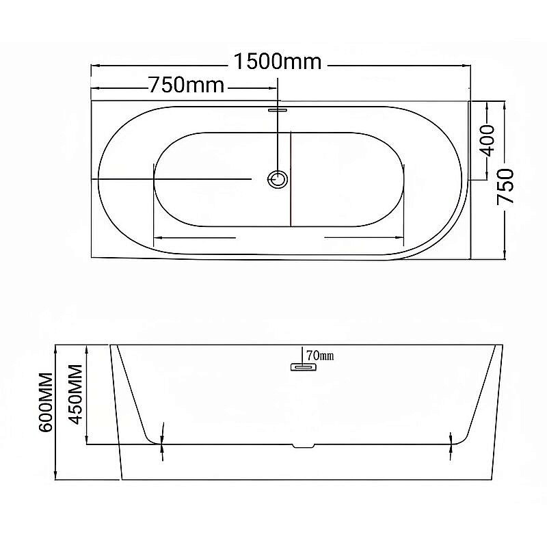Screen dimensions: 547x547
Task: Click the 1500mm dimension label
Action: click(x=278, y=62)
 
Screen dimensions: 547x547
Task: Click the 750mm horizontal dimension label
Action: click(x=187, y=85)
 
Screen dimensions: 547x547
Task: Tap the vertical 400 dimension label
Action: click(x=487, y=141)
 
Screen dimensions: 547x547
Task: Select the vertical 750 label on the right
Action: click(x=505, y=186)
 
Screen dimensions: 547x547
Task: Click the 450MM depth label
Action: click(x=76, y=395)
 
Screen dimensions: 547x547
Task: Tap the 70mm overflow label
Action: click(x=320, y=356)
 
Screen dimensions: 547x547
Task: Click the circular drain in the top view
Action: click(x=278, y=179)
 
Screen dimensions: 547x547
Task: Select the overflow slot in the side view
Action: click(x=303, y=367)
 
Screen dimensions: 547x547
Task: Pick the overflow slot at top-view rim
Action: click(x=278, y=110)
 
